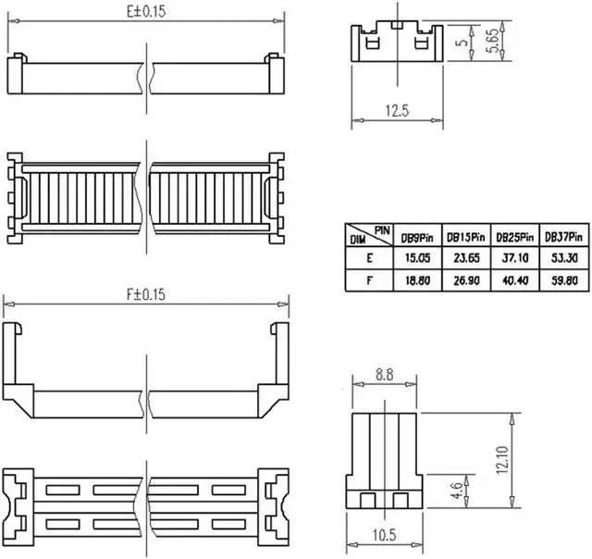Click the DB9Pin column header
click(417, 237)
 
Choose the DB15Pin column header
click(465, 237)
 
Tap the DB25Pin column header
click(512, 237)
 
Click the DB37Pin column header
click(561, 237)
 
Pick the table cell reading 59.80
click(561, 279)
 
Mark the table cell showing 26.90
click(465, 279)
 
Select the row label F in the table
click(368, 279)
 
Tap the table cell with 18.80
click(416, 279)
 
